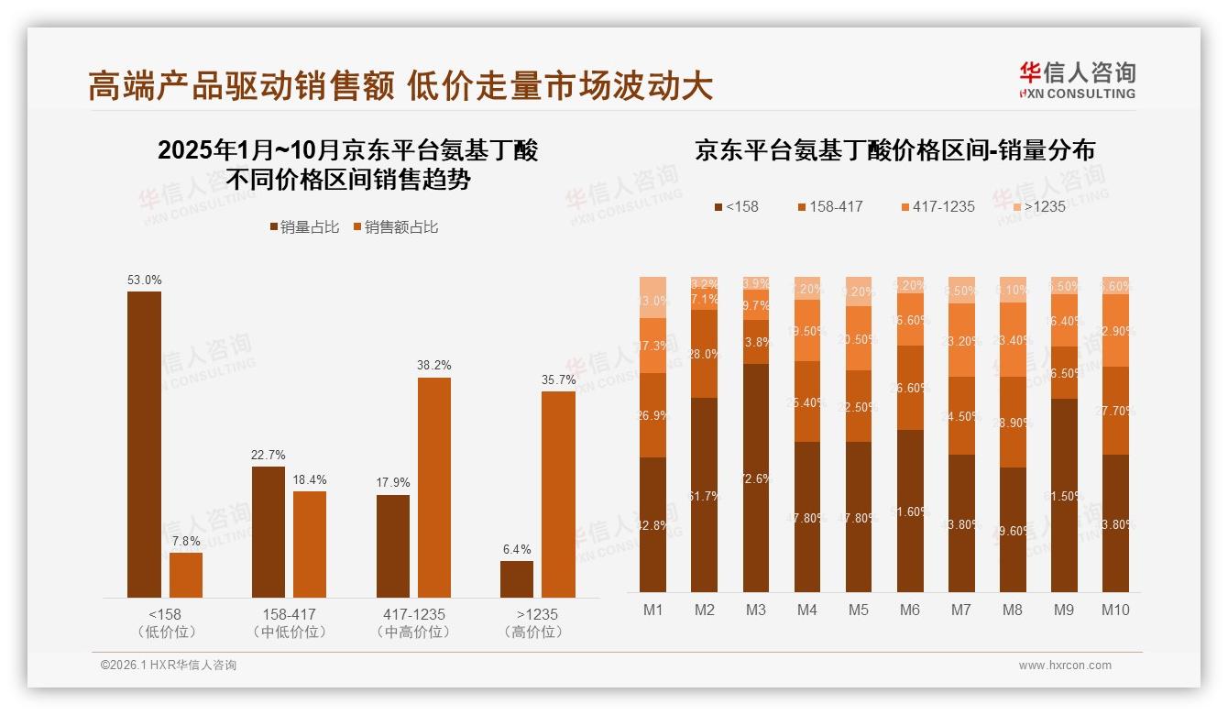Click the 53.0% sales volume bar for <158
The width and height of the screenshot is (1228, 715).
144,445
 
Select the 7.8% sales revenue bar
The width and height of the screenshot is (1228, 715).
186,575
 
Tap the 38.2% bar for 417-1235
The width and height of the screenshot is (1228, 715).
434,488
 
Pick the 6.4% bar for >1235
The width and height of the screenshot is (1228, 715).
517,579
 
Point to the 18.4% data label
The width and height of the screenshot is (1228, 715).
310,479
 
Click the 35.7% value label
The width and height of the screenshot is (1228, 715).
559,379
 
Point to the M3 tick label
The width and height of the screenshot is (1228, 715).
755,610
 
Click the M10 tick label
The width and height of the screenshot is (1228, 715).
1115,610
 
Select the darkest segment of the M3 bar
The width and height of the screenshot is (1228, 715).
756,478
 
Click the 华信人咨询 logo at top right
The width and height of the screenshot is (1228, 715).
1077,80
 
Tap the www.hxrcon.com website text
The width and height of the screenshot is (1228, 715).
1065,665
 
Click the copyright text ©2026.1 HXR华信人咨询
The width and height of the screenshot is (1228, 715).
168,665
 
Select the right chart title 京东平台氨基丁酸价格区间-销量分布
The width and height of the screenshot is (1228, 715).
894,150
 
